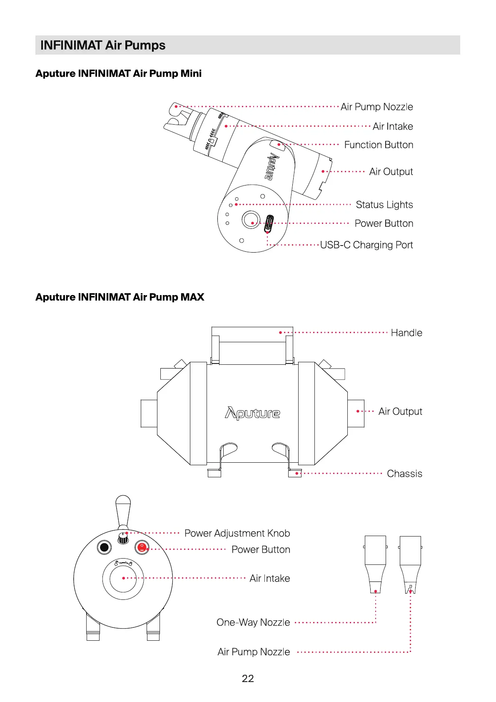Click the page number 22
248,679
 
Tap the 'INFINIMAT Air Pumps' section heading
103,45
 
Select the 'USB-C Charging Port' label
366,245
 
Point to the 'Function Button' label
379,145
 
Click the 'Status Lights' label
384,205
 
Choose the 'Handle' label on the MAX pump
406,333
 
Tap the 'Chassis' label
404,474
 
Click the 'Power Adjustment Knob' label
237,533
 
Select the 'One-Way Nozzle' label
253,622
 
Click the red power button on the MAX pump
142,547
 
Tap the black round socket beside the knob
104,547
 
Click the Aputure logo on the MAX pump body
252,413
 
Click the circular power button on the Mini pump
251,219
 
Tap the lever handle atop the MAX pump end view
123,511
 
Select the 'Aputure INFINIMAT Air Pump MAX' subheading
120,297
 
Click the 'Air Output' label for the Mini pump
391,172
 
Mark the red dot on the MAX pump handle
280,332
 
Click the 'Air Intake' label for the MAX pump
269,578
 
